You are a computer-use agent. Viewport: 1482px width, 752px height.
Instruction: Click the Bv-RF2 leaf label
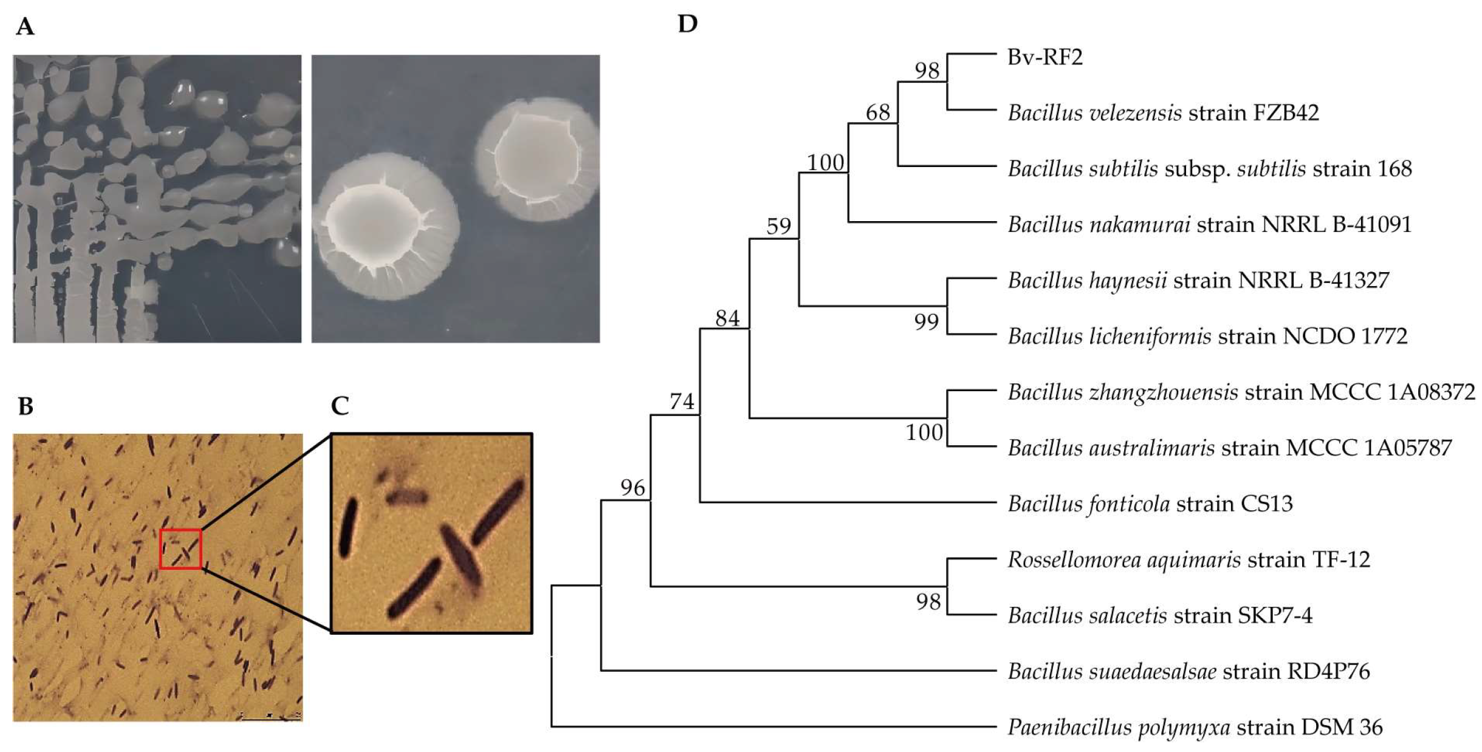(x=1045, y=57)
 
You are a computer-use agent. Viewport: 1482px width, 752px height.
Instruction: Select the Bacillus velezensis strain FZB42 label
(x=1163, y=113)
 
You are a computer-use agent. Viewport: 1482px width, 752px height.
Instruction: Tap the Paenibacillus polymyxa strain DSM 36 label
(x=1195, y=727)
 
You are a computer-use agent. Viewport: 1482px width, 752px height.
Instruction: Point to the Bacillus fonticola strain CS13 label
(x=1150, y=504)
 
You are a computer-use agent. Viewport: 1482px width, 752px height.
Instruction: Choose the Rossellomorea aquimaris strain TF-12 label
(x=1189, y=559)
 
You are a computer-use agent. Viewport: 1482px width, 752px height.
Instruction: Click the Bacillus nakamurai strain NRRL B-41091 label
(x=1209, y=225)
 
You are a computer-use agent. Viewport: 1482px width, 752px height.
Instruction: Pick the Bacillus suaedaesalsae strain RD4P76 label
(x=1189, y=671)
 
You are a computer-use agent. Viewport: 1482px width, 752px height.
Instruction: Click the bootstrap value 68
(x=877, y=112)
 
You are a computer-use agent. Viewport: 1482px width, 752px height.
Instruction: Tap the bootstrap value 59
(x=778, y=227)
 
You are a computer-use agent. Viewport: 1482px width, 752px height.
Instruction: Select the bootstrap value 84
(x=727, y=318)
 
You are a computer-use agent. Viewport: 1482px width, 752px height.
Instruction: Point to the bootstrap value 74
(x=681, y=402)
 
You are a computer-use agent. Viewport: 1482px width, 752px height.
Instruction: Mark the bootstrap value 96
(x=632, y=488)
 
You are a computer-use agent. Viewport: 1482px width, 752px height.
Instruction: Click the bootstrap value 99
(x=926, y=322)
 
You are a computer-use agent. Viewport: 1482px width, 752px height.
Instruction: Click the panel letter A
(x=25, y=27)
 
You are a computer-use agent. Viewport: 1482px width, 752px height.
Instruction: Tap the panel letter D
(x=687, y=24)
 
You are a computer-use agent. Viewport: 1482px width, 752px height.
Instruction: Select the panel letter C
(x=340, y=406)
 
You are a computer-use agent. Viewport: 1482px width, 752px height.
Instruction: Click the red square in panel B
(x=180, y=549)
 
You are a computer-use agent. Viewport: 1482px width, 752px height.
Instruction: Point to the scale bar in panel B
(x=270, y=718)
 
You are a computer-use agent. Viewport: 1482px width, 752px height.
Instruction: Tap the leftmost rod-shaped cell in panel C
(x=348, y=527)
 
